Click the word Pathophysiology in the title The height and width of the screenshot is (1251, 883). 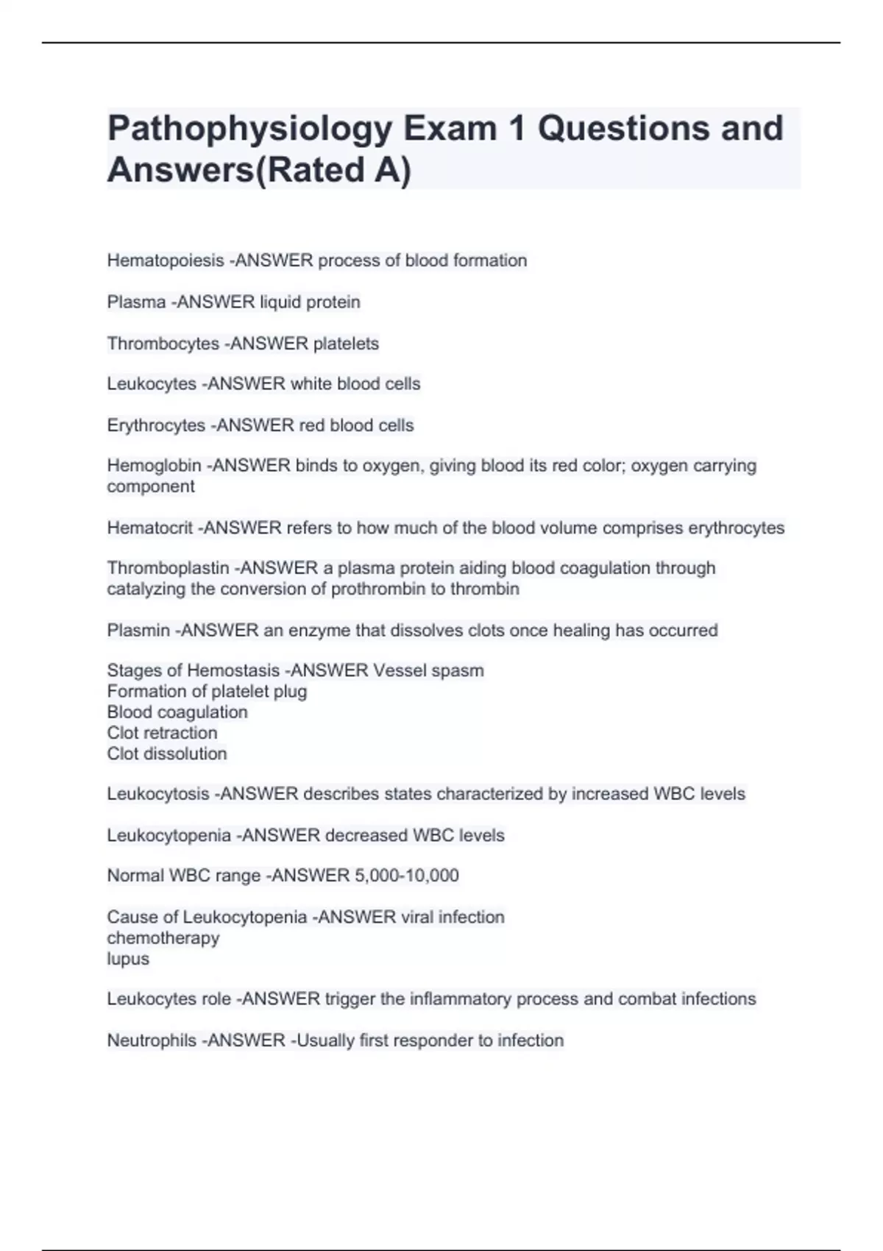(x=250, y=130)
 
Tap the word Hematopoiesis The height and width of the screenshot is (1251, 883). (x=166, y=261)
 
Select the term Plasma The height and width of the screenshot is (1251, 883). (x=136, y=302)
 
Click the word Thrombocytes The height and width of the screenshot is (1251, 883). (x=163, y=344)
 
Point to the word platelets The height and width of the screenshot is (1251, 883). (x=346, y=344)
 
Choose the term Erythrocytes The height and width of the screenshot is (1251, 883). (x=156, y=425)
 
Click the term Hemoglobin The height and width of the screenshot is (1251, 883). (x=154, y=466)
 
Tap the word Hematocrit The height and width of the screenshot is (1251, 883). (x=150, y=528)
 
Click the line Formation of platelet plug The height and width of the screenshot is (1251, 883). (x=207, y=692)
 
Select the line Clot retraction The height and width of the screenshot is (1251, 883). (x=162, y=733)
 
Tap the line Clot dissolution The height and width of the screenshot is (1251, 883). (x=166, y=754)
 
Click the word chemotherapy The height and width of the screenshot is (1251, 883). (x=163, y=938)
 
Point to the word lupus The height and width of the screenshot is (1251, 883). (x=128, y=959)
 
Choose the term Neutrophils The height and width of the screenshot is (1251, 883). (x=152, y=1041)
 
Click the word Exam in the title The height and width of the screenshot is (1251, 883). (x=450, y=130)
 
